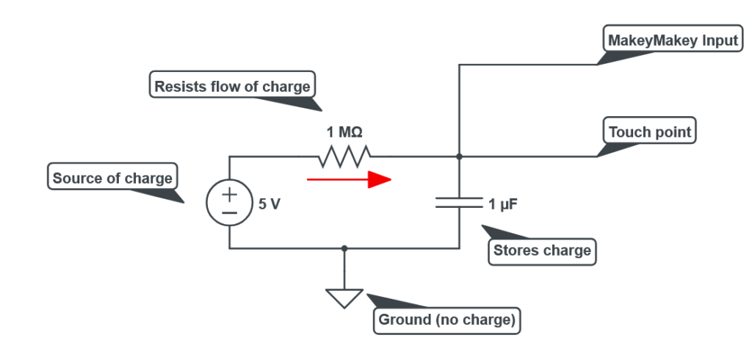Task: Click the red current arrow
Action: click(x=348, y=180)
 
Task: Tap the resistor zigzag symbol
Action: click(x=344, y=156)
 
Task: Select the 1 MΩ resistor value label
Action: click(x=344, y=133)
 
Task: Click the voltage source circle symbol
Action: click(x=230, y=203)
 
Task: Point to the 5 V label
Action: click(x=270, y=204)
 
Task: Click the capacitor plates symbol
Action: click(x=459, y=202)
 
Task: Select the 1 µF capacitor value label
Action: click(x=503, y=204)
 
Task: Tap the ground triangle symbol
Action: click(x=344, y=297)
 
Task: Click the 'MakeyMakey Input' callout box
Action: click(x=673, y=40)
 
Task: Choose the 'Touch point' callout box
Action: click(x=650, y=132)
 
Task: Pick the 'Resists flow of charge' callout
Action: click(x=232, y=86)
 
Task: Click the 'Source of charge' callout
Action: click(x=112, y=178)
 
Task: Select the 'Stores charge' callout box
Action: click(x=542, y=251)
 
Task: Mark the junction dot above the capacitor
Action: click(x=459, y=156)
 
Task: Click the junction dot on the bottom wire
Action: click(x=344, y=248)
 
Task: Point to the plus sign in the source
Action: click(x=230, y=194)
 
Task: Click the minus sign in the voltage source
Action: click(x=230, y=212)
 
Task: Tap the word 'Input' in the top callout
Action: click(x=717, y=40)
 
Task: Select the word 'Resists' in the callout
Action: click(x=176, y=86)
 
